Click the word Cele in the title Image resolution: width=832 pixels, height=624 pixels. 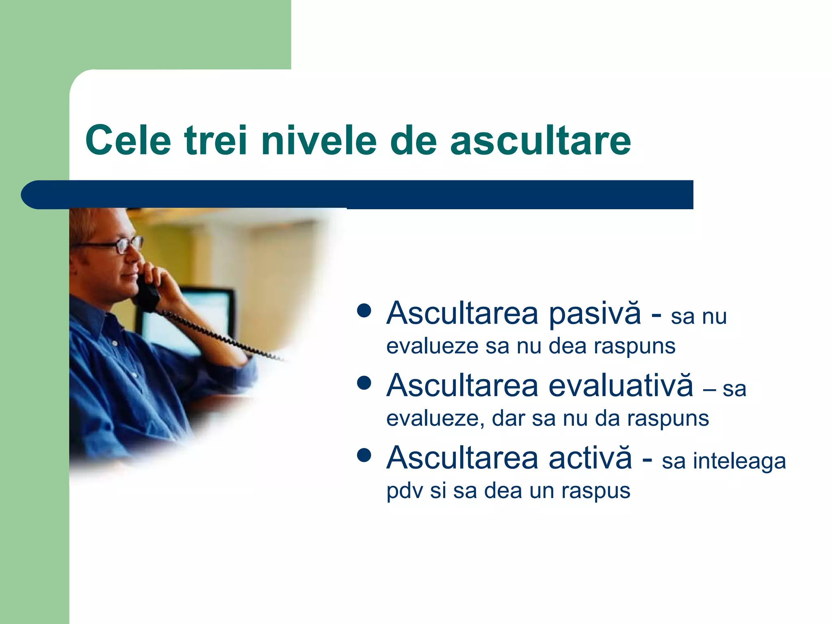tap(128, 140)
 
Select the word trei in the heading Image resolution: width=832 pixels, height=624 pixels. tap(216, 140)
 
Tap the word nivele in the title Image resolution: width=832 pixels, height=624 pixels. tap(319, 140)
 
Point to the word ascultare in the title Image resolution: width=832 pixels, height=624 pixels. tap(540, 140)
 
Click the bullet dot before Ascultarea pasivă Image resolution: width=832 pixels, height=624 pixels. tap(364, 311)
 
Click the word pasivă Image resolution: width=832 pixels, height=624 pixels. tap(595, 314)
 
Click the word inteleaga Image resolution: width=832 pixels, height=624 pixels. tap(739, 461)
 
